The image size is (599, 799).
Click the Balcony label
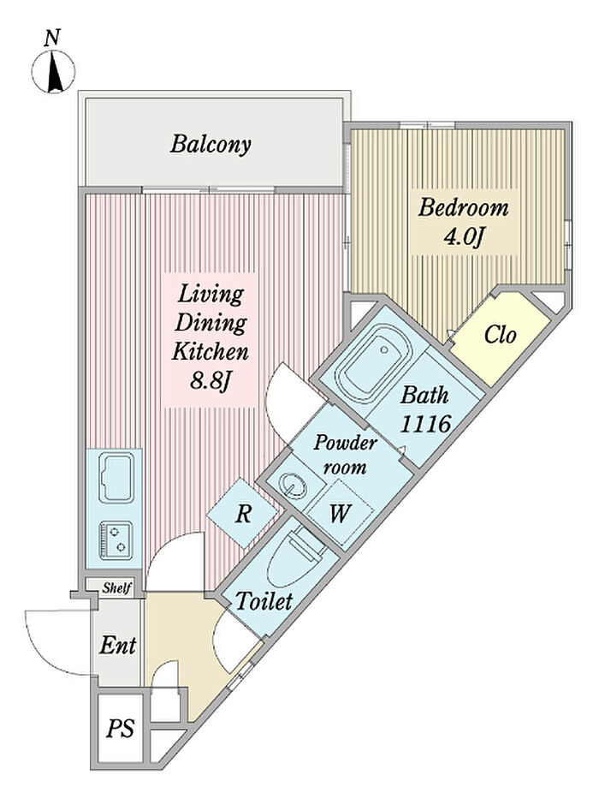tap(211, 144)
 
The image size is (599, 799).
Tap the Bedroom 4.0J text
tap(464, 222)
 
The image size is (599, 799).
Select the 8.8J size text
tap(211, 381)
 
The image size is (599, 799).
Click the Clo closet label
tap(501, 335)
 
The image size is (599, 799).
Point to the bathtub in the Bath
tap(374, 363)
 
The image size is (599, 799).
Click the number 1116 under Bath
tap(425, 423)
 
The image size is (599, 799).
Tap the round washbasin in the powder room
tap(294, 484)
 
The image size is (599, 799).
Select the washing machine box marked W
tap(340, 514)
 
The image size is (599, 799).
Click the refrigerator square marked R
tap(244, 514)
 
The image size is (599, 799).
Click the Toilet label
tap(264, 601)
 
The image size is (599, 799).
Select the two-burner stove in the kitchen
tap(116, 540)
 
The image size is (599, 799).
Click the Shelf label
tap(116, 587)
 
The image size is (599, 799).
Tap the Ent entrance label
tap(118, 645)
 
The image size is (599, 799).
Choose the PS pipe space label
tap(120, 728)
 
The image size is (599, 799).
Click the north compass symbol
tap(53, 72)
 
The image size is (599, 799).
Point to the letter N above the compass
tap(52, 38)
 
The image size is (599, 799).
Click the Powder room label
tap(345, 455)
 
